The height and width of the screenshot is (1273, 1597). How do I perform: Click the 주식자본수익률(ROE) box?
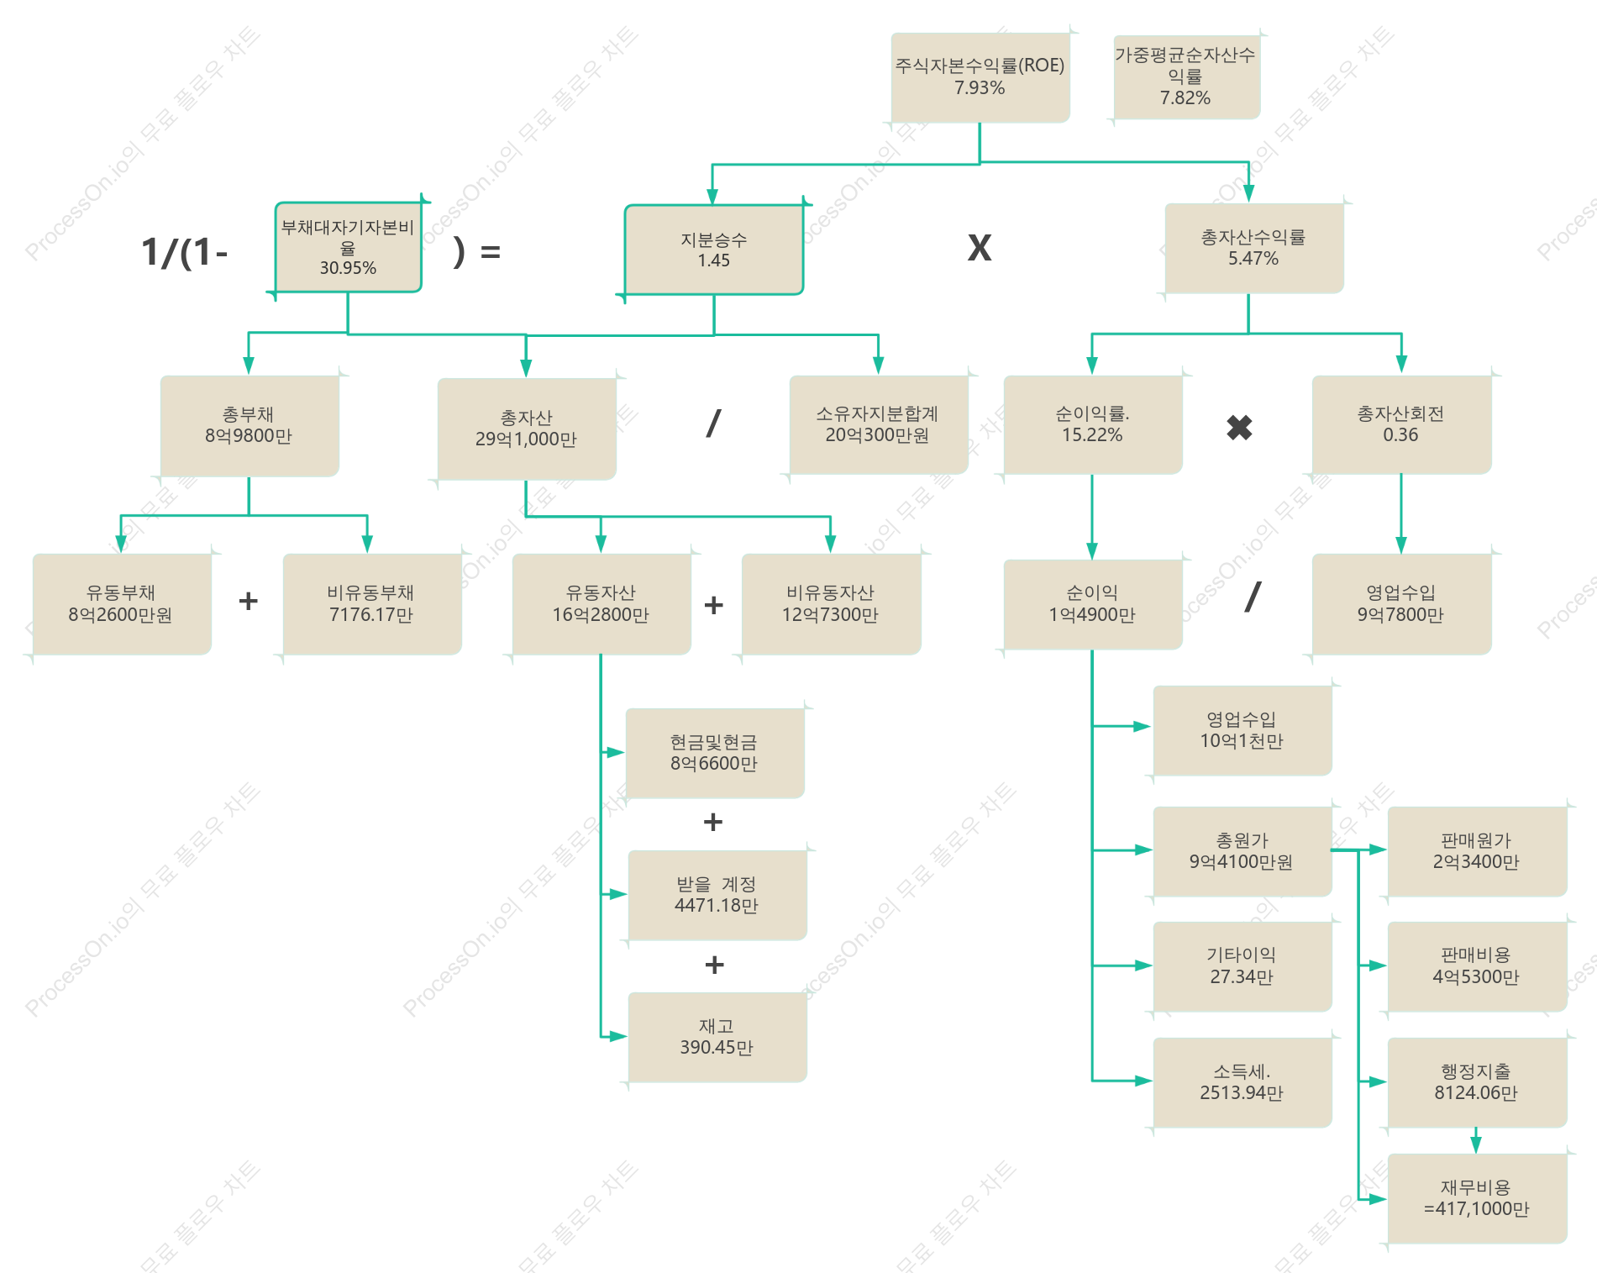point(980,77)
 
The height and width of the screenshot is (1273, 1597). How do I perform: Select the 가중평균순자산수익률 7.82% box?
point(1186,76)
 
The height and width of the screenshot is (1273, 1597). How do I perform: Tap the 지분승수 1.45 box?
point(714,250)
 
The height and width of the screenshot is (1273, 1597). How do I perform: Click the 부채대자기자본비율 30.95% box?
point(348,247)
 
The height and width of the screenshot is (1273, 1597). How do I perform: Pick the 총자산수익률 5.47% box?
point(1254,248)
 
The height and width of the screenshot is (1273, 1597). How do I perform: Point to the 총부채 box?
point(250,426)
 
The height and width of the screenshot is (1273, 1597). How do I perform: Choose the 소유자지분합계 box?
point(879,424)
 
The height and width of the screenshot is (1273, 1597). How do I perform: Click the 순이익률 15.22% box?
point(1093,424)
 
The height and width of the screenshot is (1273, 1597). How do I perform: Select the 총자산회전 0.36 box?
point(1401,424)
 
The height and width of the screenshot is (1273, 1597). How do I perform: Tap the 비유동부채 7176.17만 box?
point(372,603)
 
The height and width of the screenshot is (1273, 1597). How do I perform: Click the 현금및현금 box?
point(715,753)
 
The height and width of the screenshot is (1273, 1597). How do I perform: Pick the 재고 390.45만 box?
point(717,1037)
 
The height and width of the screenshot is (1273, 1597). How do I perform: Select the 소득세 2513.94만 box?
point(1242,1082)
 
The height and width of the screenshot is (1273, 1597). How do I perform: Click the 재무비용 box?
point(1477,1198)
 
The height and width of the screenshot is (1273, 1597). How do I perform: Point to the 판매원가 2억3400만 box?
point(1477,851)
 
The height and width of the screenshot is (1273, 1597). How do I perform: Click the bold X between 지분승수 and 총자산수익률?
point(980,248)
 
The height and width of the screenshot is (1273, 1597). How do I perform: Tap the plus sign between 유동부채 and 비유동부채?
point(248,601)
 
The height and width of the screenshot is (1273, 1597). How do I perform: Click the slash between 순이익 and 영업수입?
point(1253,597)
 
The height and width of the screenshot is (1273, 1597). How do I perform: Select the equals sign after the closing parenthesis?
point(491,251)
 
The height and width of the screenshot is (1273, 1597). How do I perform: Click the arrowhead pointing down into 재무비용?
point(1476,1144)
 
